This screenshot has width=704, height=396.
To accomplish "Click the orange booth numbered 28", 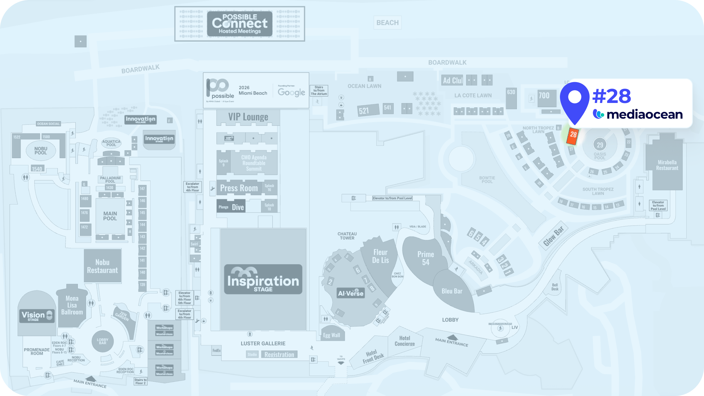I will click(x=573, y=136).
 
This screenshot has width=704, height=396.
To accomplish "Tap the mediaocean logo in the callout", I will click(x=638, y=114).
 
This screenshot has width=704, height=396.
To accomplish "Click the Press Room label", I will click(x=239, y=188).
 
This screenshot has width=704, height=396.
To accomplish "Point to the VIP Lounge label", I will click(x=248, y=117).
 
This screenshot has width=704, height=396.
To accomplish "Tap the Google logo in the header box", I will click(x=291, y=92).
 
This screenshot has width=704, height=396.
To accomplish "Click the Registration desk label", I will click(x=279, y=354).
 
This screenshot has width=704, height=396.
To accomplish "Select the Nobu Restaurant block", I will click(x=102, y=266).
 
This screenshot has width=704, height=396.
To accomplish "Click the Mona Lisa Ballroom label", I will click(x=72, y=305).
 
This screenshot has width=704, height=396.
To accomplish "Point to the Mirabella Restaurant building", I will click(x=667, y=165).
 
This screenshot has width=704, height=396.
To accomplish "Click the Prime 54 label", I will click(x=426, y=258).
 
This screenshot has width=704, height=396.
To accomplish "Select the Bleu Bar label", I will click(x=452, y=291).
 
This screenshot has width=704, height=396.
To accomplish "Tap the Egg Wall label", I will click(x=331, y=335).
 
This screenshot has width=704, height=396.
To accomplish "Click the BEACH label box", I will click(x=387, y=23).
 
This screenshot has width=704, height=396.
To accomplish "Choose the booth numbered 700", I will click(x=544, y=96).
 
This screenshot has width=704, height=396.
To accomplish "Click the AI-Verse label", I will click(x=351, y=293).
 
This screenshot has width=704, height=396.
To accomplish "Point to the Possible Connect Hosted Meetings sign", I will click(x=240, y=24).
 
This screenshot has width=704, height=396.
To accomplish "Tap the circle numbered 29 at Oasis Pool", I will click(x=600, y=145).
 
